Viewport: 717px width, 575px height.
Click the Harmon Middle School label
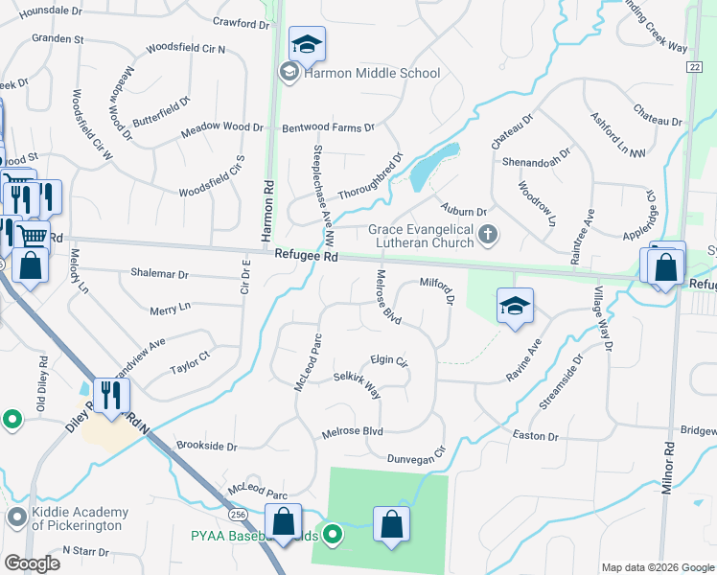(372, 73)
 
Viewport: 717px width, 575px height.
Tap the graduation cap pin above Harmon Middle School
(307, 44)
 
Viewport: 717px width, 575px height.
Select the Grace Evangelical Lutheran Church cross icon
(489, 233)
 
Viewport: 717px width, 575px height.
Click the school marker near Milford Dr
(515, 307)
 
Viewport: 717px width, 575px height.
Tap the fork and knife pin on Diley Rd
(111, 395)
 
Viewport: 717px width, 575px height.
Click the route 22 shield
(693, 65)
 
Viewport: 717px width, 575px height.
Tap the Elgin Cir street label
(389, 363)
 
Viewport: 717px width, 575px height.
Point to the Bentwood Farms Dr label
(327, 126)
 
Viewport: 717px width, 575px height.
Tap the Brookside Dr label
(206, 447)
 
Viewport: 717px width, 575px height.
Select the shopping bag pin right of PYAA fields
(391, 524)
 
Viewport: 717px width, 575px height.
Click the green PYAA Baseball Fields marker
(333, 534)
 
